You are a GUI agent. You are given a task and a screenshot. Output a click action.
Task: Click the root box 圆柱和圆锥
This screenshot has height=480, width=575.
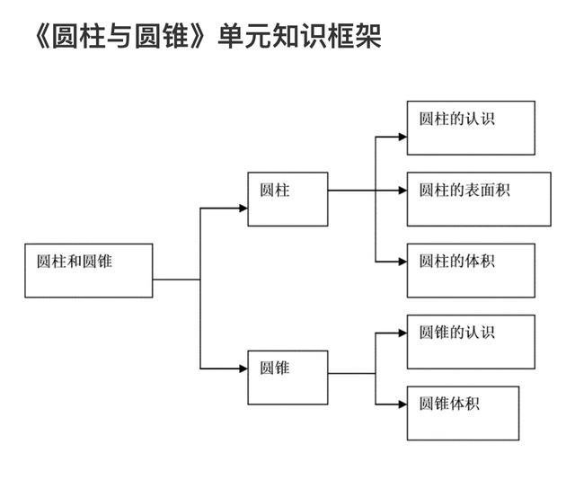coord(88,270)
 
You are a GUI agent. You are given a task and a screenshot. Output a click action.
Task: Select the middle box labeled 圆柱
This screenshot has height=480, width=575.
coord(287,199)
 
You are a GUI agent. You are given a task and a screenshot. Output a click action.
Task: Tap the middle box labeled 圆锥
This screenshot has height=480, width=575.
coord(287,374)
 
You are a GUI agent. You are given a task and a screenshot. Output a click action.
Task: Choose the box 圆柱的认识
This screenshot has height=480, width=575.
coord(470,128)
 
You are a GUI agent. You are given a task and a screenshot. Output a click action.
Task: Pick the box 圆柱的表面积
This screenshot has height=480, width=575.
coord(478,199)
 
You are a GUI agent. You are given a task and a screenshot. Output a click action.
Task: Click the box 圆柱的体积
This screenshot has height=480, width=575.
coord(470,270)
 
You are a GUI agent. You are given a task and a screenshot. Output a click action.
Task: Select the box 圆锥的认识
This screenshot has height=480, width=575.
coord(470,341)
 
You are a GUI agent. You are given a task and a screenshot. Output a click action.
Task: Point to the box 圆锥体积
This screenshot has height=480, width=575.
coord(463,413)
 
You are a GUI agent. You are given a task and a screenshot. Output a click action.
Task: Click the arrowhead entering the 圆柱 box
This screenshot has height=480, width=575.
coord(243,208)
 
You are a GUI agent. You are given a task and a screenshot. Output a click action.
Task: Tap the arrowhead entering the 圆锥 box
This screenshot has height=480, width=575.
coord(243,368)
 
